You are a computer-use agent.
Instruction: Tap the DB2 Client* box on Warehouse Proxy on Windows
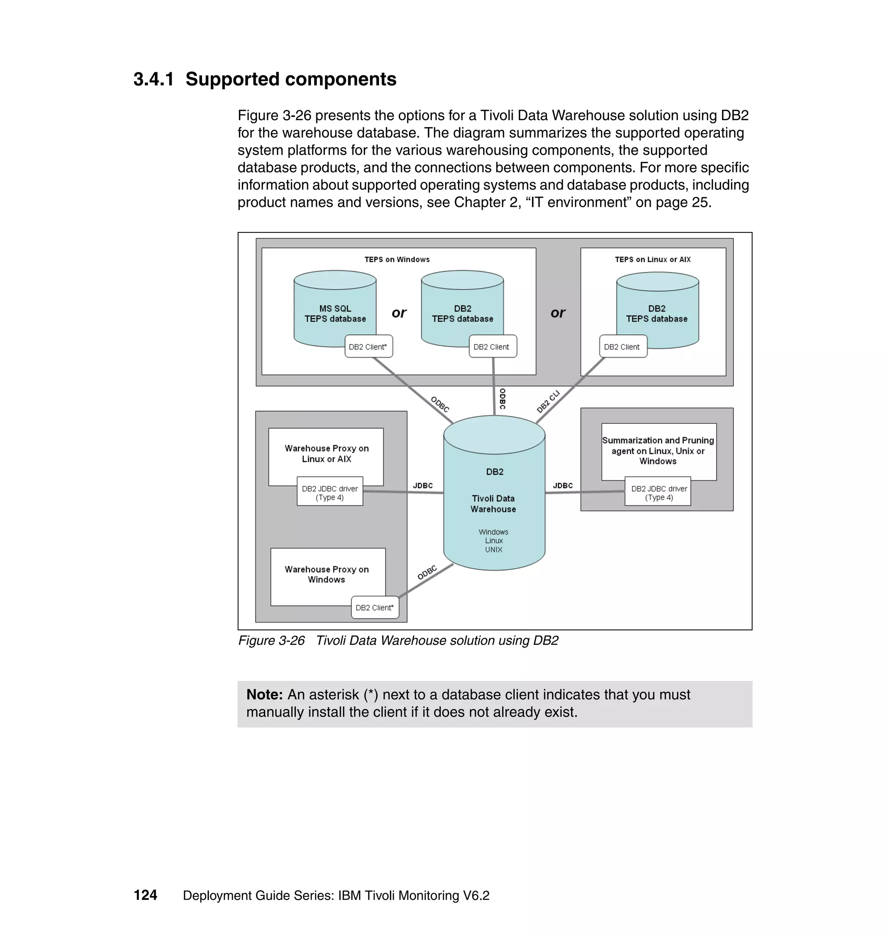pyautogui.click(x=375, y=607)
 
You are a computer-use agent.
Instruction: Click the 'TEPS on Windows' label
pyautogui.click(x=397, y=259)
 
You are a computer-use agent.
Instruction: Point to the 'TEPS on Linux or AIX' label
pyautogui.click(x=652, y=259)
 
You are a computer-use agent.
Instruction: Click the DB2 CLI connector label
pyautogui.click(x=548, y=402)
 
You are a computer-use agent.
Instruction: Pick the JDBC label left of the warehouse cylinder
pyautogui.click(x=423, y=485)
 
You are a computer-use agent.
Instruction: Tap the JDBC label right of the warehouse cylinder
pyautogui.click(x=562, y=485)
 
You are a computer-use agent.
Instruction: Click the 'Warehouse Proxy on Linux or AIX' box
pyautogui.click(x=326, y=453)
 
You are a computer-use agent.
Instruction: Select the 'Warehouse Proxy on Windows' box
pyautogui.click(x=326, y=574)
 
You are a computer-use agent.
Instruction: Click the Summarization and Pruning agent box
pyautogui.click(x=658, y=450)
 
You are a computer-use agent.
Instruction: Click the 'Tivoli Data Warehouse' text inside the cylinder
pyautogui.click(x=493, y=504)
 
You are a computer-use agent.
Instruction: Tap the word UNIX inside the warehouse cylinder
pyautogui.click(x=493, y=549)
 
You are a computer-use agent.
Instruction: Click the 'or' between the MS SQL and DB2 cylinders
pyautogui.click(x=398, y=313)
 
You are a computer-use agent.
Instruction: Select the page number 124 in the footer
pyautogui.click(x=145, y=895)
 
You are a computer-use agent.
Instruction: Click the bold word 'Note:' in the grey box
pyautogui.click(x=264, y=694)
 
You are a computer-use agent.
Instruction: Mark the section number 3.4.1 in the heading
pyautogui.click(x=154, y=79)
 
